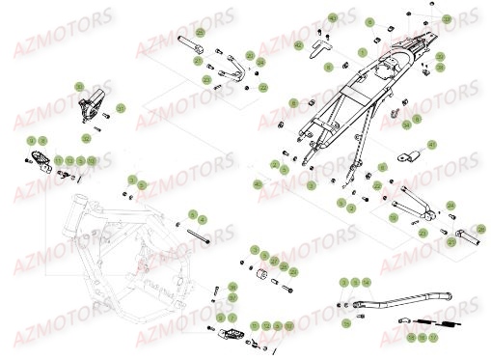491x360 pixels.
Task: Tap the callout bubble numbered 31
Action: pyautogui.click(x=121, y=107)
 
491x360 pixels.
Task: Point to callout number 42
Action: pyautogui.click(x=298, y=45)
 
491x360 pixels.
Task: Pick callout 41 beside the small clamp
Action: pyautogui.click(x=431, y=145)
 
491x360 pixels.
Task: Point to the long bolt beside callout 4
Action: pyautogui.click(x=206, y=231)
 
